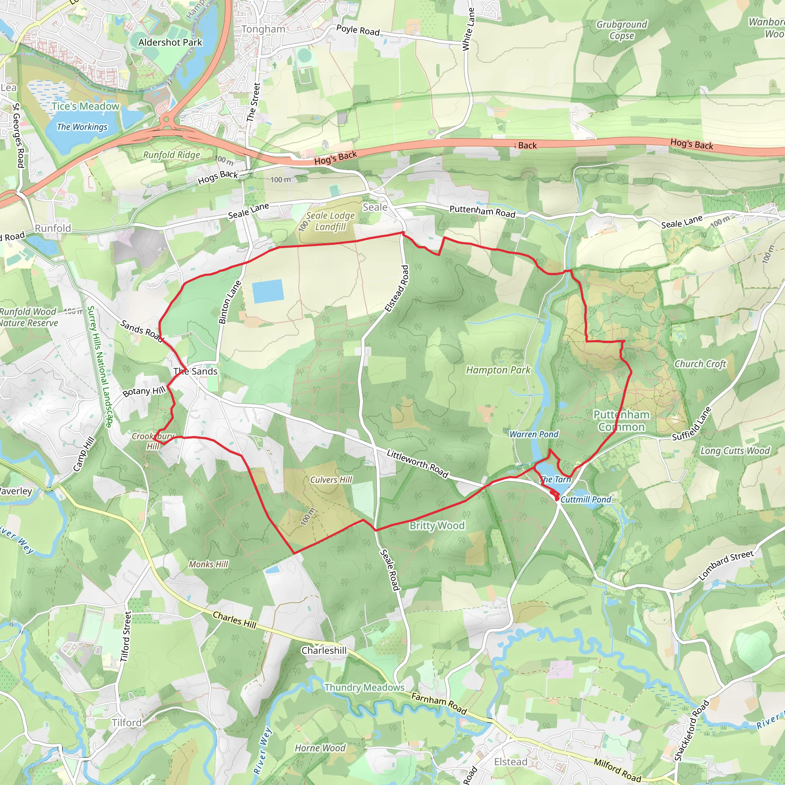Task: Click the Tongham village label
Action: point(263,29)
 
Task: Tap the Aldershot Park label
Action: point(170,42)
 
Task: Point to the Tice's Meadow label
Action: point(85,107)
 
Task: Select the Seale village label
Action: point(374,207)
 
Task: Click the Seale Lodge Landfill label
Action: point(330,221)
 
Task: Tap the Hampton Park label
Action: point(498,370)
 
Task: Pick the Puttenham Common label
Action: point(621,420)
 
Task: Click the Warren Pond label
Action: point(534,434)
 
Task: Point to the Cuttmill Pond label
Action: point(586,499)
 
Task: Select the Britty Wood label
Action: point(437,526)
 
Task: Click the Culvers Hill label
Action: point(331,480)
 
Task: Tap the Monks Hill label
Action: point(209,564)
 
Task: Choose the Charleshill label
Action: point(324,650)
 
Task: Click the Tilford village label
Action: point(127,723)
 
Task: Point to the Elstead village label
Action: point(510,762)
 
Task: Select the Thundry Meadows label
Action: point(364,688)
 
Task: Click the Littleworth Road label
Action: point(417,464)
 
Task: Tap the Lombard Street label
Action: point(726,565)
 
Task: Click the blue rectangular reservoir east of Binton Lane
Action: point(268,291)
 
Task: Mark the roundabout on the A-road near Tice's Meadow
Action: point(166,120)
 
